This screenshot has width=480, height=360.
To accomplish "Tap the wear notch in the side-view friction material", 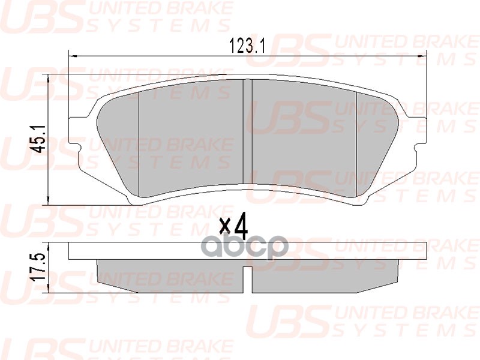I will [x=247, y=277].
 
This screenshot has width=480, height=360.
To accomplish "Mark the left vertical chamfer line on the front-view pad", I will [x=139, y=144].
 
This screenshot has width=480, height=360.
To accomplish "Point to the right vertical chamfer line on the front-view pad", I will [x=356, y=144].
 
